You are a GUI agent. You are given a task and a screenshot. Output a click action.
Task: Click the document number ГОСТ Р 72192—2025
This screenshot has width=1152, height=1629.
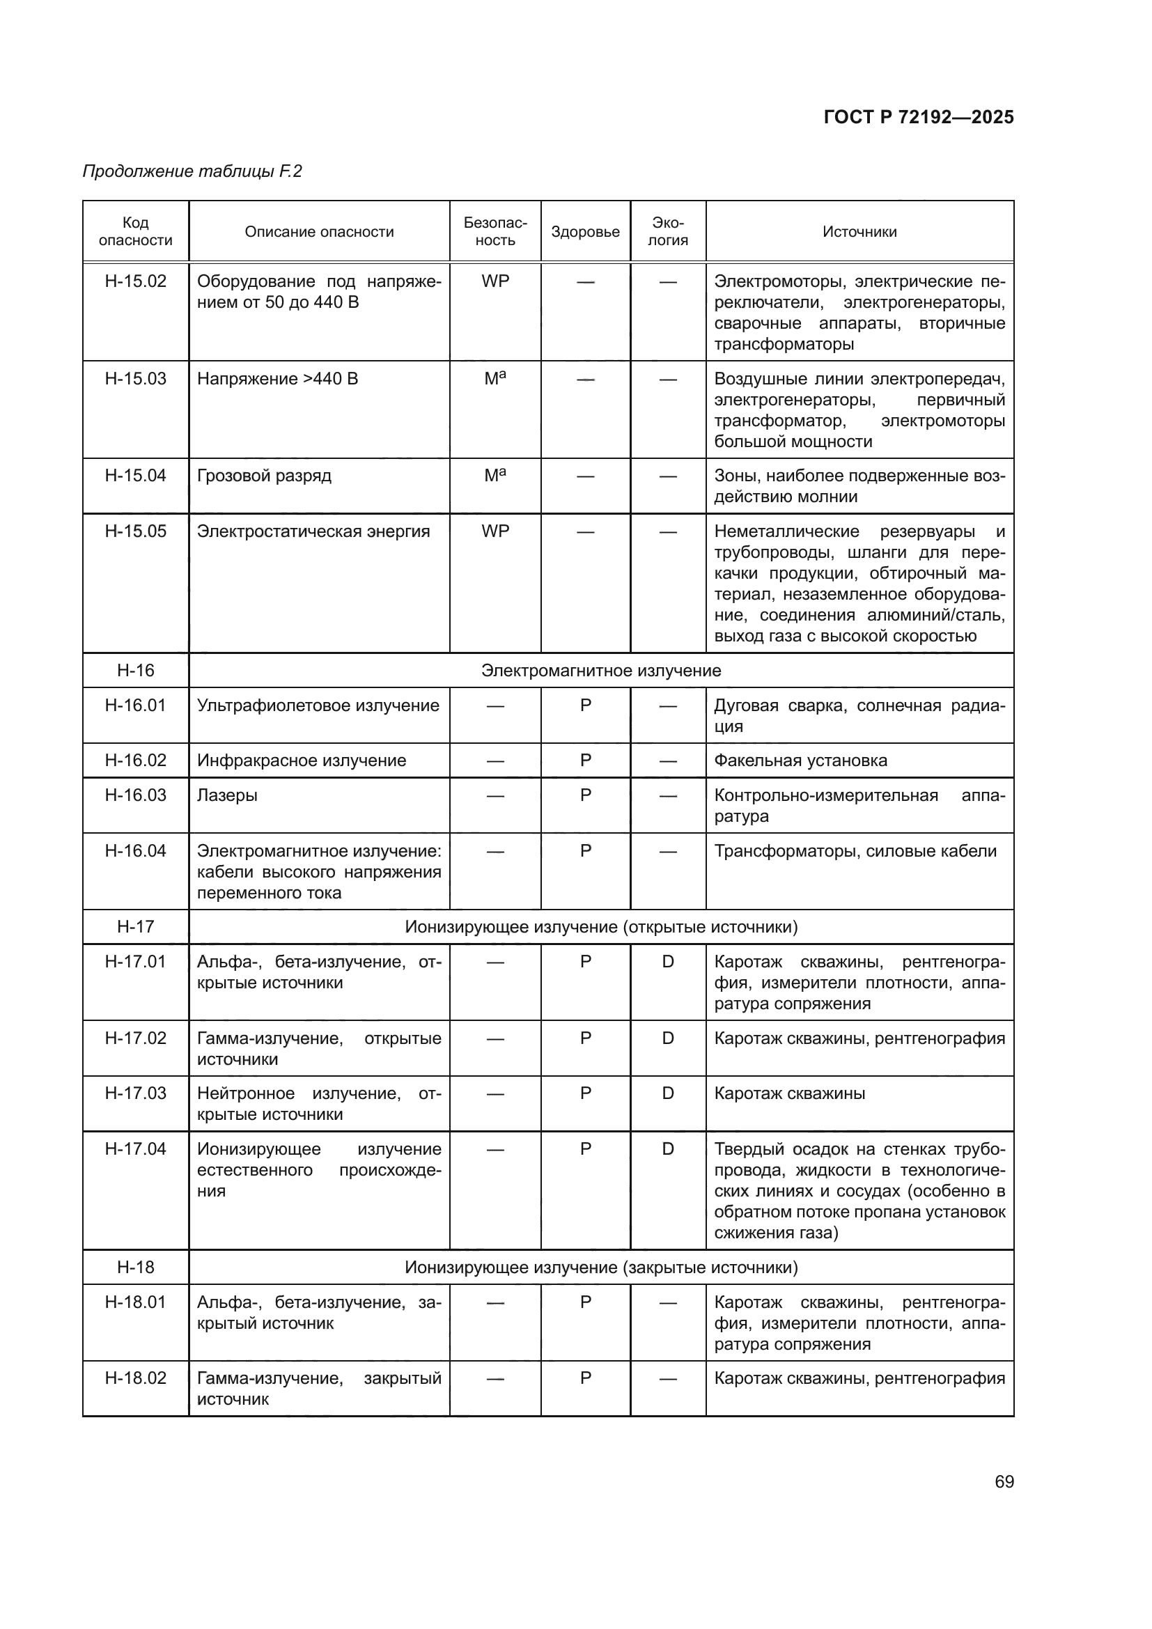click(x=918, y=117)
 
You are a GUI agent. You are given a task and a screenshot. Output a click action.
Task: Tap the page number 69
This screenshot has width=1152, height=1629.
click(x=1004, y=1481)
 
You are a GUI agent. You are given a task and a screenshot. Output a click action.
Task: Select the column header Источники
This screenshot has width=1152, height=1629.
click(x=859, y=232)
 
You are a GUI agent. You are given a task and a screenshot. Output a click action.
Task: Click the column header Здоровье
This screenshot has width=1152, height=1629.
click(x=585, y=232)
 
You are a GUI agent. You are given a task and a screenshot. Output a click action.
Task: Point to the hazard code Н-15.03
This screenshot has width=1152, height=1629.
click(x=136, y=379)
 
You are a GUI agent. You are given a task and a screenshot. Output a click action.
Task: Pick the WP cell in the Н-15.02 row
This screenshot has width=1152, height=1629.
click(x=495, y=281)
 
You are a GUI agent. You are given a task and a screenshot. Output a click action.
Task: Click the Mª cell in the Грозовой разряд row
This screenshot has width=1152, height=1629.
click(x=495, y=476)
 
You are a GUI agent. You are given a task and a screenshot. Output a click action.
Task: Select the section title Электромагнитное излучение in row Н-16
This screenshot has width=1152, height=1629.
click(x=601, y=671)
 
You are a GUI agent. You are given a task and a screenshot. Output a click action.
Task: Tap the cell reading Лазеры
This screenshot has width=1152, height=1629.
click(x=227, y=795)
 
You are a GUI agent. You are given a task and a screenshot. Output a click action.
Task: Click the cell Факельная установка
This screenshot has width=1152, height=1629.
click(x=800, y=761)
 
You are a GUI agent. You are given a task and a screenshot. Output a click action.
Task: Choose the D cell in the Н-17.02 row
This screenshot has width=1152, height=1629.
click(x=667, y=1038)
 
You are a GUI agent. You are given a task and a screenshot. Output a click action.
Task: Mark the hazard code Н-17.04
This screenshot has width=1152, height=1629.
click(x=136, y=1148)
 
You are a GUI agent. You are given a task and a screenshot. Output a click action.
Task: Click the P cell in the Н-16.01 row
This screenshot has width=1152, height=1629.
click(x=585, y=706)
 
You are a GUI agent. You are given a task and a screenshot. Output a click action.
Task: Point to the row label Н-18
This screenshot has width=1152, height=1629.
click(x=136, y=1267)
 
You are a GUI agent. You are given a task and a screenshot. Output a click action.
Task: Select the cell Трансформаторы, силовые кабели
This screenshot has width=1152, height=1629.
click(x=855, y=851)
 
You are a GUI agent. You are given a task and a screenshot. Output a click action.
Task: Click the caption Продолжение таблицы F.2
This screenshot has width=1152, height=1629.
click(x=192, y=172)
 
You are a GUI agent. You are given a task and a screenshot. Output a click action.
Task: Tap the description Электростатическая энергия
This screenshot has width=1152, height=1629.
click(x=313, y=531)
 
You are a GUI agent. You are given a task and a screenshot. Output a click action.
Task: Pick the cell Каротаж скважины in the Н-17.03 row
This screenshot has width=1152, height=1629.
click(x=789, y=1093)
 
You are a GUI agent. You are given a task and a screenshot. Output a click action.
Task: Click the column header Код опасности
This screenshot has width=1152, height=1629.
click(x=136, y=232)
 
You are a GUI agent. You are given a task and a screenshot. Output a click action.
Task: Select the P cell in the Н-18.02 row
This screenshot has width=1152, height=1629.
click(x=585, y=1378)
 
